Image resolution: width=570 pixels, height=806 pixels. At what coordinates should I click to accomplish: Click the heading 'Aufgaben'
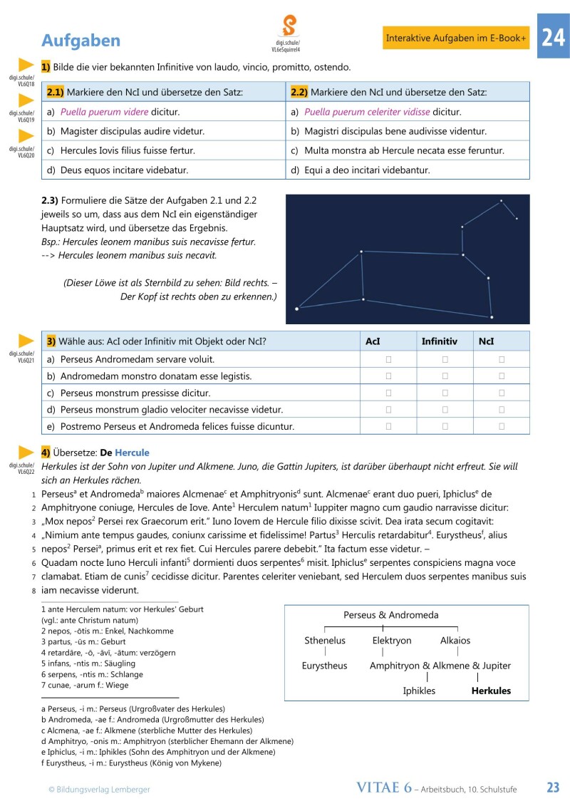point(81,40)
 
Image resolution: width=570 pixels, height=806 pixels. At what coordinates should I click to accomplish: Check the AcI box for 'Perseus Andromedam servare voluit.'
point(388,359)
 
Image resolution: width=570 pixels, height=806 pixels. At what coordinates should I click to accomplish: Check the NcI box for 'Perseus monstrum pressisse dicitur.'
point(502,393)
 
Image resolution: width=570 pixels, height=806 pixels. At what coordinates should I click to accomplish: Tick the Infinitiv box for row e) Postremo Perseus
point(445,426)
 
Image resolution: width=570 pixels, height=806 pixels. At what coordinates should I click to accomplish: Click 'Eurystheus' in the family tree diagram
point(325,666)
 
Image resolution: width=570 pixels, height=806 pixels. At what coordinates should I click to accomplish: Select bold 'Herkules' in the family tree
point(491,691)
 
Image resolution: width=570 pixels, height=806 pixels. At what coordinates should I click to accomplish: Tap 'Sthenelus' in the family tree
point(325,641)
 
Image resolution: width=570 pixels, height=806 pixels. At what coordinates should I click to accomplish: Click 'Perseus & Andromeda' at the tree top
point(391,615)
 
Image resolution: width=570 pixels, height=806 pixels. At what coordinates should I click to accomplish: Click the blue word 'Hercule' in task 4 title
point(132,453)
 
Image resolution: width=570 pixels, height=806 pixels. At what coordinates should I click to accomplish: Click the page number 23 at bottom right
point(553,787)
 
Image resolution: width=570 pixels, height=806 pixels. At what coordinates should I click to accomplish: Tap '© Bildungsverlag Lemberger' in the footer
point(99,789)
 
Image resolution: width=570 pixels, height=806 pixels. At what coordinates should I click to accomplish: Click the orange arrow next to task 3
point(26,341)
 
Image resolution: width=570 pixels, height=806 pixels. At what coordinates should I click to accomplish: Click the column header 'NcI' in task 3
point(487,341)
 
